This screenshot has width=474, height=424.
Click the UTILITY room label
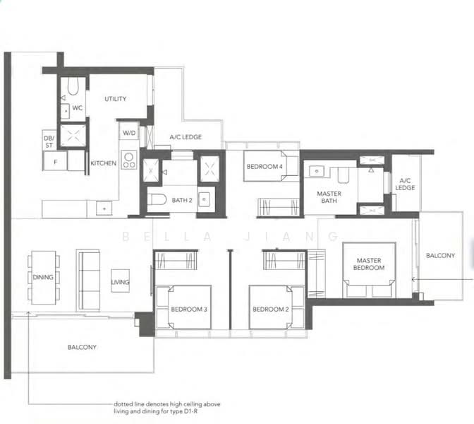pos(115,99)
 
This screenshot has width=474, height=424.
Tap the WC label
pos(78,109)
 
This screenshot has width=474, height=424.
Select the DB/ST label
pos(49,141)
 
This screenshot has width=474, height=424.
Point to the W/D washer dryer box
pos(128,132)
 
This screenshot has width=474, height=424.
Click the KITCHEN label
pos(103,163)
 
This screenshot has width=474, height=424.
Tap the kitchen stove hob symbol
pos(128,160)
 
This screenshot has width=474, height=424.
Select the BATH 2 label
pos(181,201)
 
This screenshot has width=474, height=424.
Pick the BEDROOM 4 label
pos(265,167)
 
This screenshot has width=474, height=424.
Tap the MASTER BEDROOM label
pos(370,264)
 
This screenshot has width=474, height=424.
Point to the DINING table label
pos(43,278)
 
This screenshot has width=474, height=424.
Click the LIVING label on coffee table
pos(120,283)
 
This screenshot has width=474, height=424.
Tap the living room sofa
pos(88,279)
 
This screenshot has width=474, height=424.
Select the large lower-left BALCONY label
pos(83,347)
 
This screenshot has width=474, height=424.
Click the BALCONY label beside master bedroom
pos(440,256)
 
